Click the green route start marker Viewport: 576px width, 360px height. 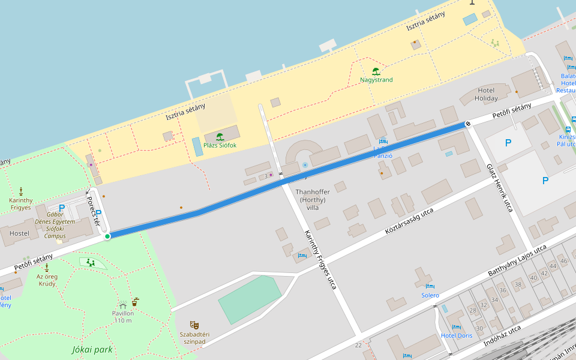pos(107,236)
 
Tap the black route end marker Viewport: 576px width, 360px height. pos(468,124)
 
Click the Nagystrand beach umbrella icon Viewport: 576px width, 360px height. pos(376,71)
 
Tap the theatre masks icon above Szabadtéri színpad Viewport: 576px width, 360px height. pos(194,325)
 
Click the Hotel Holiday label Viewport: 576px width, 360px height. pos(486,94)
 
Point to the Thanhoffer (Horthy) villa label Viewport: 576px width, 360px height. pos(313,200)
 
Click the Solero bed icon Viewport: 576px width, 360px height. pos(430,287)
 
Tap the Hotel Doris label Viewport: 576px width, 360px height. pos(457,335)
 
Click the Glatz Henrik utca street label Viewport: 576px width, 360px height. pos(499,188)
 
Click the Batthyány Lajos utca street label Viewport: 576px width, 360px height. pos(517,260)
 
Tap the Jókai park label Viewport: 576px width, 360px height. pos(92,349)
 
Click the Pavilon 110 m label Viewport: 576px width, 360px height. pos(123,317)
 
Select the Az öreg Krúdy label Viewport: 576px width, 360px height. pos(47,280)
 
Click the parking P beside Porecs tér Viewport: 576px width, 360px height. pos(99,214)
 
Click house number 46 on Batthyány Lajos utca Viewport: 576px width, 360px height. pos(563,260)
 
